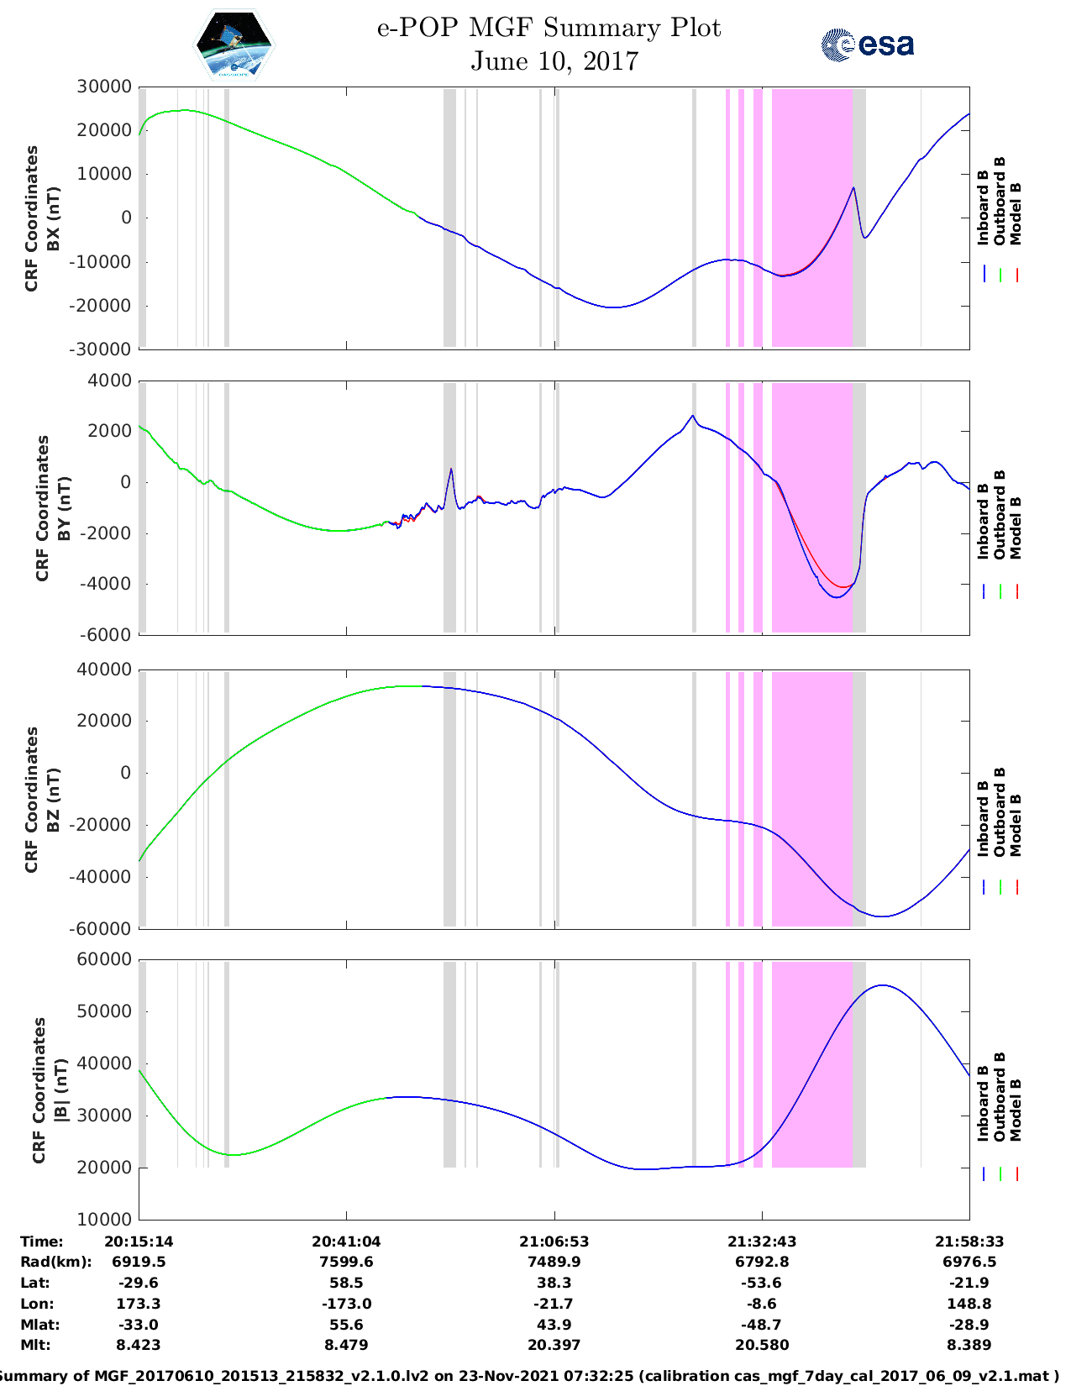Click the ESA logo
coord(867,45)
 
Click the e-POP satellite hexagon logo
coord(234,45)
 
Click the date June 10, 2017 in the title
coord(554,61)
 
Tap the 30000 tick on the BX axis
coord(104,87)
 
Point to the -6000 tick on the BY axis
coord(106,635)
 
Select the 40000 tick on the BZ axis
coord(104,669)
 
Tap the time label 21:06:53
coord(554,1242)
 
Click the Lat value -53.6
coord(762,1283)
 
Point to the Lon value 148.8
coord(969,1304)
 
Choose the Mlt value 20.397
coord(554,1345)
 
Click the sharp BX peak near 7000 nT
coord(853,188)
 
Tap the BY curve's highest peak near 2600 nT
coord(692,416)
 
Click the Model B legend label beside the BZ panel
coord(1016,825)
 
